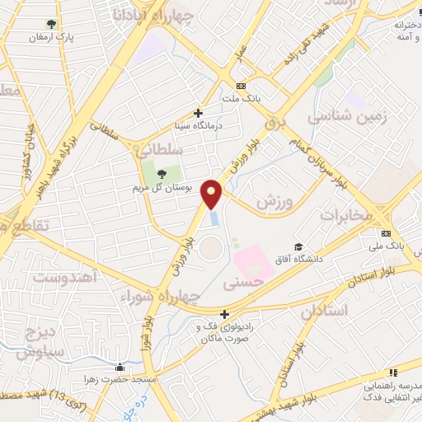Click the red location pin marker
pyautogui.click(x=213, y=193)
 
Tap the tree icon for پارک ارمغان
pyautogui.click(x=53, y=24)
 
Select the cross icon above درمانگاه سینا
pyautogui.click(x=198, y=113)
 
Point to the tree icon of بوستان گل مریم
pyautogui.click(x=161, y=174)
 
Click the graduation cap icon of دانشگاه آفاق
pyautogui.click(x=298, y=246)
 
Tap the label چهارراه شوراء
pyautogui.click(x=162, y=296)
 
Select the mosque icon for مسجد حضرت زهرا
pyautogui.click(x=121, y=368)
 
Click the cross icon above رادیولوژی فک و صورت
pyautogui.click(x=224, y=314)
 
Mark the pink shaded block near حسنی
pyautogui.click(x=254, y=263)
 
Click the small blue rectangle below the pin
pyautogui.click(x=214, y=218)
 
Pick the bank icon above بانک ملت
pyautogui.click(x=241, y=86)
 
